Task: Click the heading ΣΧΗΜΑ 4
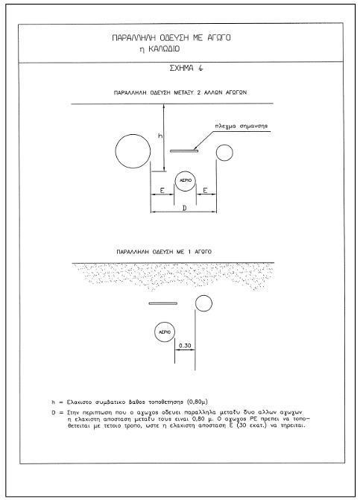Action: [186, 69]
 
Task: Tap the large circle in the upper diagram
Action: [133, 151]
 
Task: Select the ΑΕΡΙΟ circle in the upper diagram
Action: [186, 180]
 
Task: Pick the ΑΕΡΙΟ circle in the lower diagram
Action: [165, 332]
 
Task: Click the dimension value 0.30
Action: [185, 346]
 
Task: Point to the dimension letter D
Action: [184, 208]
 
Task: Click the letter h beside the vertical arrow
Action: [160, 136]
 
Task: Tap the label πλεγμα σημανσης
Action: [241, 126]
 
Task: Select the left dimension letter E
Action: [162, 191]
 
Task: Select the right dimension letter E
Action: [205, 191]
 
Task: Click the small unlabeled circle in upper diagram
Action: [224, 153]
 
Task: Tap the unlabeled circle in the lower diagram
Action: [203, 303]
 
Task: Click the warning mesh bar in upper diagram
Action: [184, 151]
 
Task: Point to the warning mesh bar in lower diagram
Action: [163, 303]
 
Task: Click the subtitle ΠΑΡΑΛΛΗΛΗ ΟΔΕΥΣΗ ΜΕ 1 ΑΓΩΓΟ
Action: [164, 252]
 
